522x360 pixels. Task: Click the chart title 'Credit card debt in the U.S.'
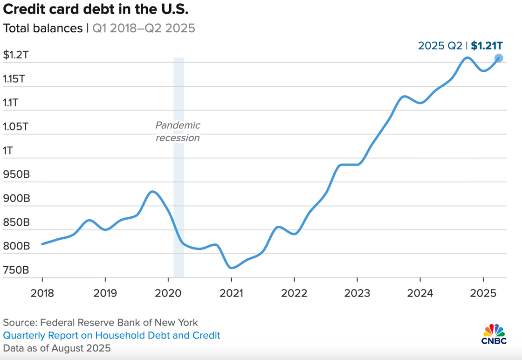96,10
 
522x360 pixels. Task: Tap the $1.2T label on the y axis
16,55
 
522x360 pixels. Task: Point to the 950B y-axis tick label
16,174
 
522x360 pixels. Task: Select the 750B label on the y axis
16,270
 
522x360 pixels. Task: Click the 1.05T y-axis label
16,126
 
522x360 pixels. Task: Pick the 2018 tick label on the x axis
42,293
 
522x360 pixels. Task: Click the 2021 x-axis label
231,293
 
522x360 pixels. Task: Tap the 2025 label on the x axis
483,293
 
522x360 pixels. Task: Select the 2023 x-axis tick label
357,293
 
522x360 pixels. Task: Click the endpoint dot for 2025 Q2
498,58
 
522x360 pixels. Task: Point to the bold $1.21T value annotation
487,45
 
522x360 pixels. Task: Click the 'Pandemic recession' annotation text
178,132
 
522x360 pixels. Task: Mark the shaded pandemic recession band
179,210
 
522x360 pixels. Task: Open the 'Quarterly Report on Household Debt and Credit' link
111,335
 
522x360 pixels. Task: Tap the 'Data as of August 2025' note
57,348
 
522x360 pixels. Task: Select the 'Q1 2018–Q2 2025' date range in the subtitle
144,28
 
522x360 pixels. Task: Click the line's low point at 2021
232,268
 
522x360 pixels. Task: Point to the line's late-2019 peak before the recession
152,191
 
